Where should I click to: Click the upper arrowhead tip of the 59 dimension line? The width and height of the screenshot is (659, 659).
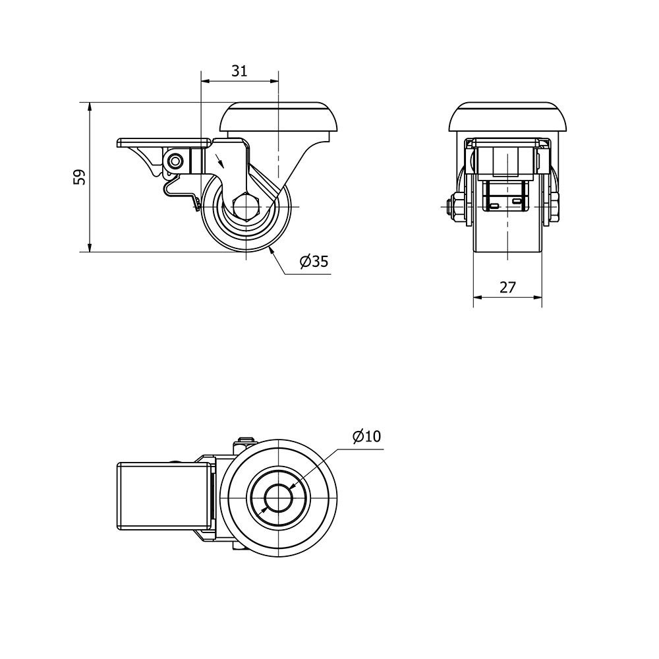(x=89, y=102)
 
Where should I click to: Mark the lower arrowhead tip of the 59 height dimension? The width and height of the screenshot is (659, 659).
(x=89, y=252)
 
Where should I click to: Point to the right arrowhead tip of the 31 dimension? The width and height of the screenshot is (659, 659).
(x=278, y=81)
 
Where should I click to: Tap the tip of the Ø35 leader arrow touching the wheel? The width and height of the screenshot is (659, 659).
(x=270, y=246)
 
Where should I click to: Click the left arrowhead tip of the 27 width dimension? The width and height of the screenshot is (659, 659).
(x=474, y=297)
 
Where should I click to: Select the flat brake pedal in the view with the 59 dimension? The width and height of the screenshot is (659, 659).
(x=164, y=142)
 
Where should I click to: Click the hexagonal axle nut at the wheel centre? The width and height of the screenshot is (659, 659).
(x=246, y=207)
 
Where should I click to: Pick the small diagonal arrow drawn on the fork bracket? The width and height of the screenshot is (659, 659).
(x=220, y=161)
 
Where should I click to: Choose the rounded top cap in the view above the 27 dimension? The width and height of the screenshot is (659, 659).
(x=507, y=116)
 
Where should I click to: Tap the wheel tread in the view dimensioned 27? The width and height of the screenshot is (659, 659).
(x=507, y=236)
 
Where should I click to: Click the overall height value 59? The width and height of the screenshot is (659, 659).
(x=80, y=177)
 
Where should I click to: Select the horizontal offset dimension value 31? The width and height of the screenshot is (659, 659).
(x=239, y=71)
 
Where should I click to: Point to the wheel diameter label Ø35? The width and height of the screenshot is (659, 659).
(x=314, y=262)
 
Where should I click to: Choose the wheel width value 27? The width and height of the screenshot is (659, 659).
(x=507, y=287)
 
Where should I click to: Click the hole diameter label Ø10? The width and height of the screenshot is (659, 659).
(x=367, y=437)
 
